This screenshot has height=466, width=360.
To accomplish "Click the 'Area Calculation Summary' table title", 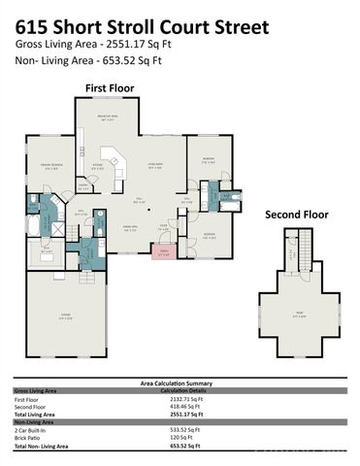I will pos(180,383).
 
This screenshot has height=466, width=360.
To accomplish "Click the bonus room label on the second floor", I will pos(298,314).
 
